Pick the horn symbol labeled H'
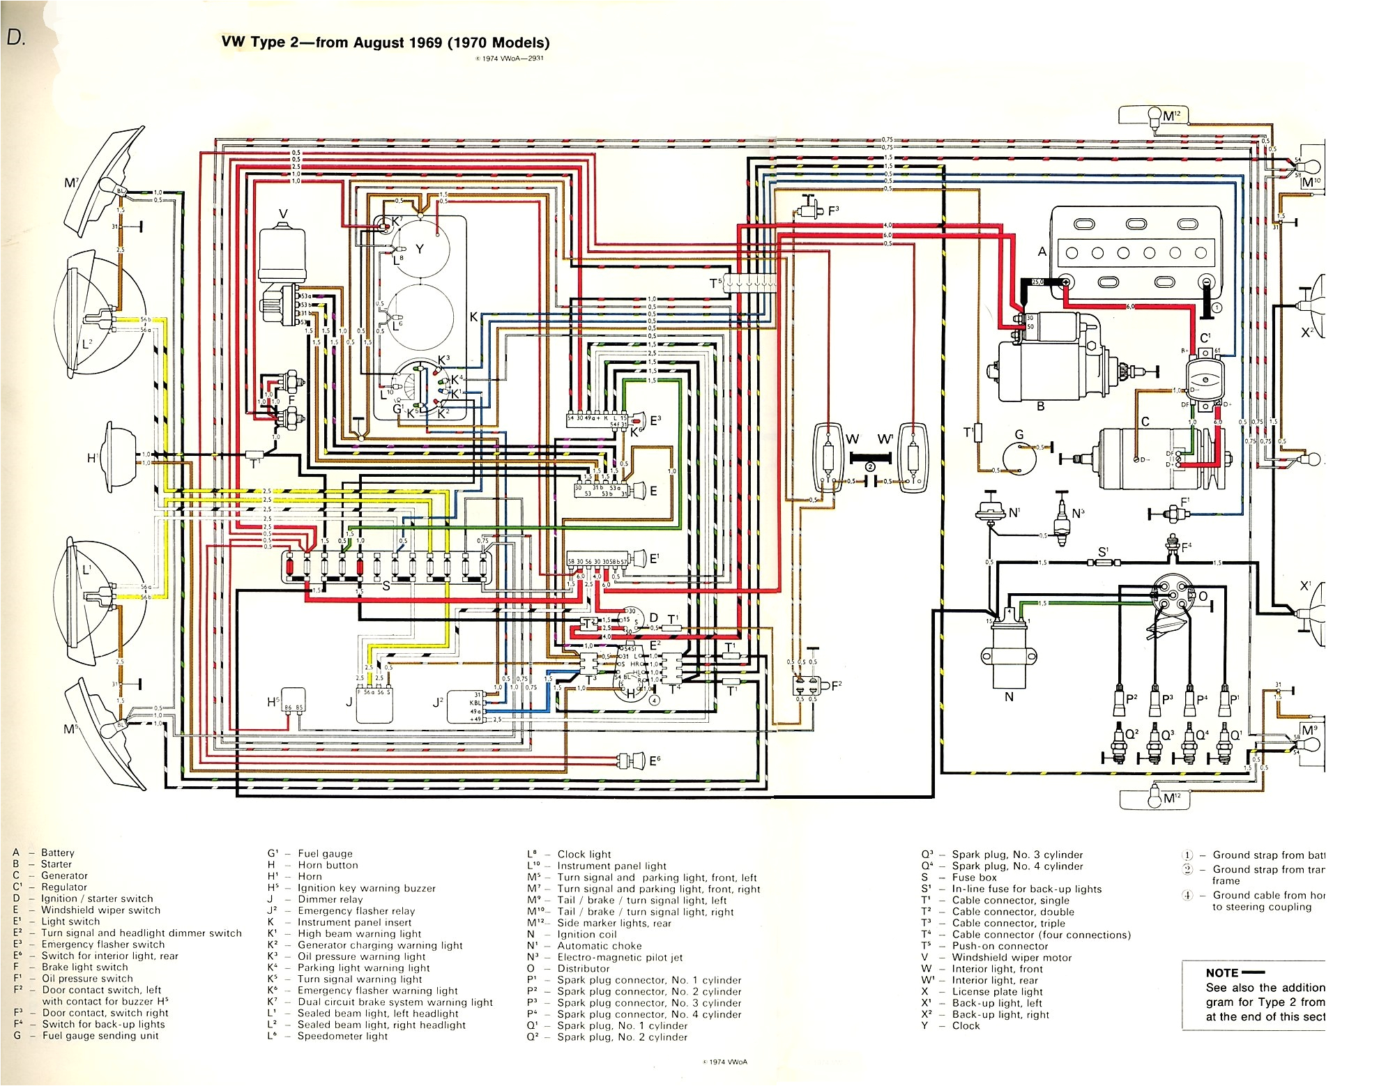[x=123, y=458]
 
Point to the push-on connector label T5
[x=715, y=283]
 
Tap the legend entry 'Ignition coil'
[x=586, y=935]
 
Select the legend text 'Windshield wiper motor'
[x=1012, y=958]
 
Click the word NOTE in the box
[x=1221, y=973]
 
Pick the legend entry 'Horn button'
[x=328, y=865]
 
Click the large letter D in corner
[x=15, y=38]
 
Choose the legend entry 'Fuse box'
[x=974, y=878]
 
